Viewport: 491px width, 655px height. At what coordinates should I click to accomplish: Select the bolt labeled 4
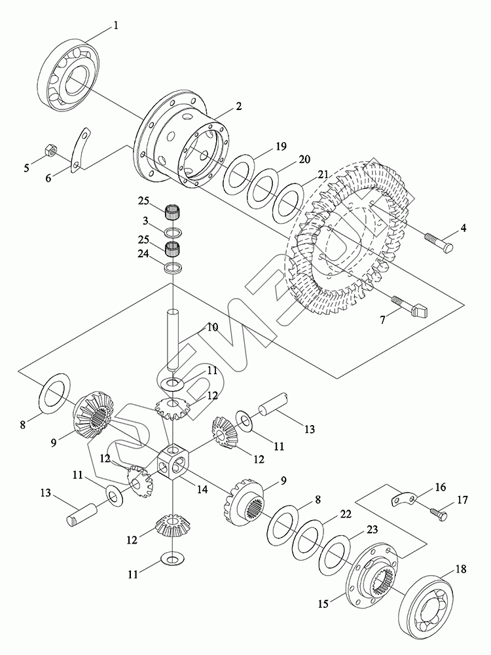pyautogui.click(x=439, y=243)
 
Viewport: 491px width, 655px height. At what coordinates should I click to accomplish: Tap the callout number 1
pyautogui.click(x=116, y=26)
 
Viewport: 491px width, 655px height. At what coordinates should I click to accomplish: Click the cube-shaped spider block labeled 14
pyautogui.click(x=173, y=463)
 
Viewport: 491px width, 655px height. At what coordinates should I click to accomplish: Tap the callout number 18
pyautogui.click(x=461, y=569)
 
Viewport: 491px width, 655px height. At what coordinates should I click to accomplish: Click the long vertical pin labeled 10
pyautogui.click(x=173, y=339)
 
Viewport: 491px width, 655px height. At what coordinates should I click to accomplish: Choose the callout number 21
pyautogui.click(x=323, y=175)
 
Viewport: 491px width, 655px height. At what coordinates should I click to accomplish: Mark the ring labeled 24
pyautogui.click(x=172, y=267)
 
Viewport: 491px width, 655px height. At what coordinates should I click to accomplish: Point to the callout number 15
pyautogui.click(x=323, y=604)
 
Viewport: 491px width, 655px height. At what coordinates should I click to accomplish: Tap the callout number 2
pyautogui.click(x=238, y=106)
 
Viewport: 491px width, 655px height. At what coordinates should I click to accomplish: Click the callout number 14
pyautogui.click(x=202, y=489)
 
